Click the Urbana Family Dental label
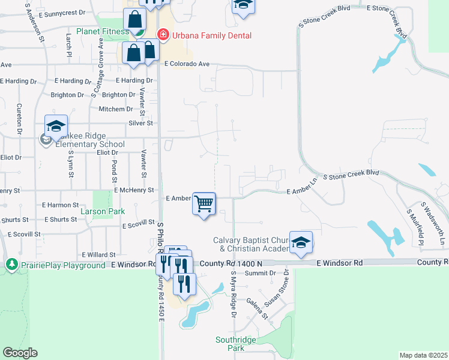click(x=212, y=35)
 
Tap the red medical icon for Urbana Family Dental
click(x=162, y=35)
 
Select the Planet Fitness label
click(x=102, y=31)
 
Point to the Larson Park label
click(x=103, y=211)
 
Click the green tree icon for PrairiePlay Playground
click(x=11, y=265)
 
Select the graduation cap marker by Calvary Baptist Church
click(x=301, y=242)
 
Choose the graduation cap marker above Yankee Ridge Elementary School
click(x=56, y=127)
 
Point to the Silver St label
click(x=141, y=123)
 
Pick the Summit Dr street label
click(x=264, y=272)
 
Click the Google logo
click(x=20, y=353)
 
